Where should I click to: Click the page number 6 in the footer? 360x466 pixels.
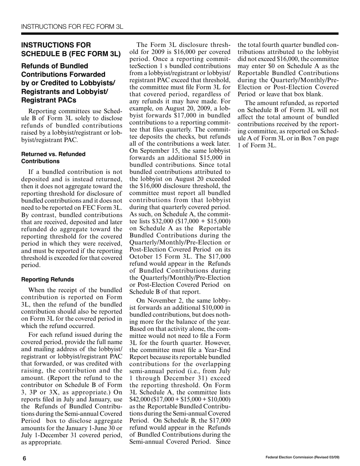click(x=25, y=458)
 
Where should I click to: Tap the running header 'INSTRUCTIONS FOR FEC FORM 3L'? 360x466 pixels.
click(x=72, y=27)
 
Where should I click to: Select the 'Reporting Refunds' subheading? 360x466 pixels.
click(x=47, y=280)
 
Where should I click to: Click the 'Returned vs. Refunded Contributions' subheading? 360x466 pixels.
click(x=53, y=158)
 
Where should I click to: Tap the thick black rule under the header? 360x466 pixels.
click(x=180, y=34)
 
